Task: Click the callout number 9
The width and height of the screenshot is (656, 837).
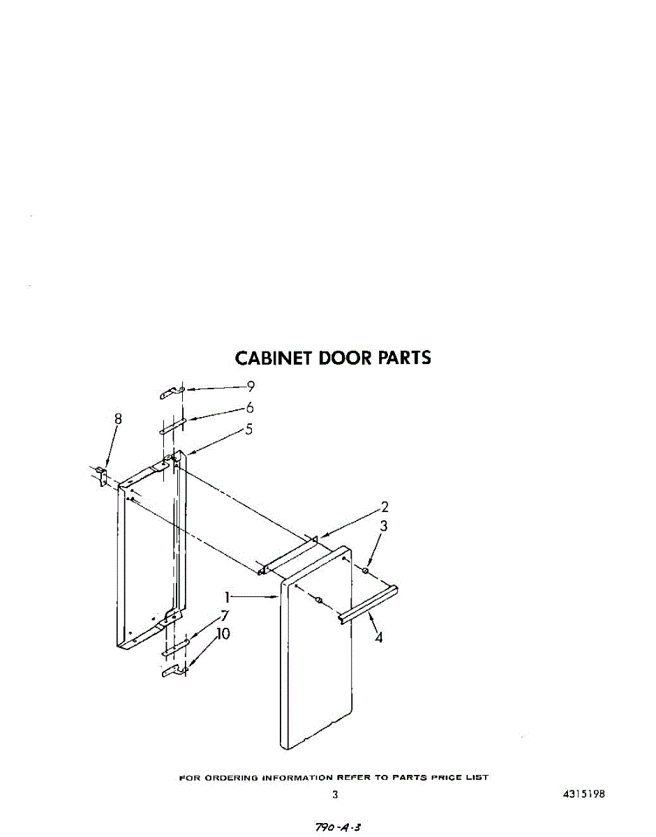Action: (x=251, y=386)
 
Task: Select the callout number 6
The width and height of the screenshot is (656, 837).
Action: (x=249, y=408)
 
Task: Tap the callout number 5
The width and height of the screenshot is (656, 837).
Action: (x=248, y=430)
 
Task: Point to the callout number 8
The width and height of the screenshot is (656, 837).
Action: (x=118, y=418)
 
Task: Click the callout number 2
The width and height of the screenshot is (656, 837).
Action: (x=384, y=507)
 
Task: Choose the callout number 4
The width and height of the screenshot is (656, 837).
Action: (x=378, y=637)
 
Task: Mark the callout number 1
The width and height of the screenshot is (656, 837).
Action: (x=227, y=597)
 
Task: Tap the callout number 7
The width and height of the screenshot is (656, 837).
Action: (x=225, y=616)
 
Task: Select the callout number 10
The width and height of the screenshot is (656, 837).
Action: (x=223, y=634)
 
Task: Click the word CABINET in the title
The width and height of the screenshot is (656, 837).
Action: (x=274, y=358)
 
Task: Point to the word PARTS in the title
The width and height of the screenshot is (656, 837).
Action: (x=404, y=358)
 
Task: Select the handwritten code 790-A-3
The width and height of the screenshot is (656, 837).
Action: (x=338, y=827)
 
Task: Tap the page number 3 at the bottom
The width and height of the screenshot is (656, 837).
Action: (x=335, y=794)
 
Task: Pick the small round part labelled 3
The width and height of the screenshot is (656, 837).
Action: (x=365, y=571)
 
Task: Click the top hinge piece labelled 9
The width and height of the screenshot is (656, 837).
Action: (x=172, y=393)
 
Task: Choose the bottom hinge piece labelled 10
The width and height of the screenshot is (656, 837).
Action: (x=173, y=671)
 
